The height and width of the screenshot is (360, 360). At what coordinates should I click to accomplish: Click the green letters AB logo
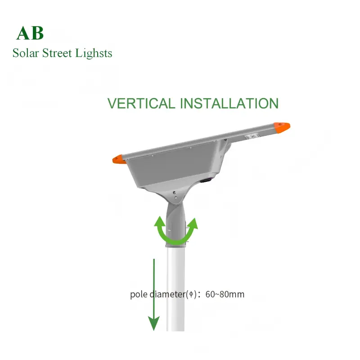click(30, 33)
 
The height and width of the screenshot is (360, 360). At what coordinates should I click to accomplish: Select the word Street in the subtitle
click(59, 53)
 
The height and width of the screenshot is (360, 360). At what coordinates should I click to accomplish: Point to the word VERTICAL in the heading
click(141, 103)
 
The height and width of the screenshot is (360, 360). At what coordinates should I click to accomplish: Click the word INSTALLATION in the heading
click(229, 103)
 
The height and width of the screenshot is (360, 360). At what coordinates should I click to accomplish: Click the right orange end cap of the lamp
click(283, 127)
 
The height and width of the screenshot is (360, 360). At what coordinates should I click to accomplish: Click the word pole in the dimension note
click(138, 295)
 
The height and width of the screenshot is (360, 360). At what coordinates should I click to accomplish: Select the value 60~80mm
click(225, 295)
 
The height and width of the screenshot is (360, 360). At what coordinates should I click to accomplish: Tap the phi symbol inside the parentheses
click(191, 295)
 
